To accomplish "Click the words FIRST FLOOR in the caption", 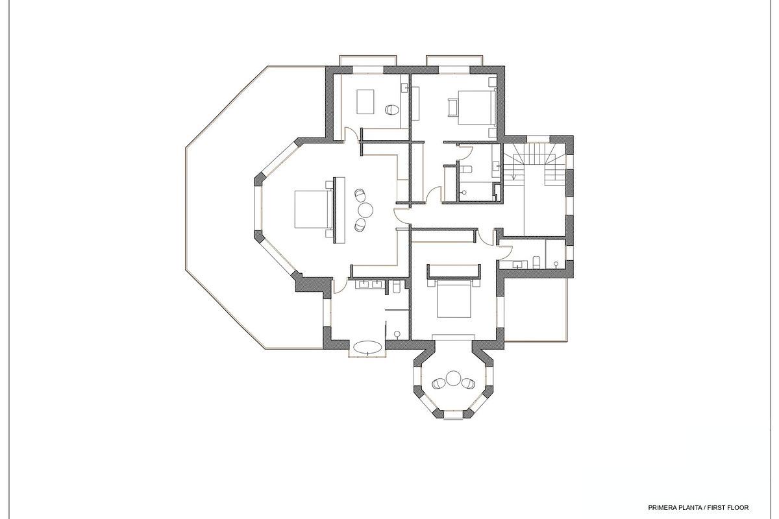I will point(728,507).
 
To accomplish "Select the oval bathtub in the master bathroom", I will point(369,346).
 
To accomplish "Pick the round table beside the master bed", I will point(365,210).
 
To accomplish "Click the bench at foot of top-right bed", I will point(452,106).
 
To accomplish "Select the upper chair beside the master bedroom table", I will point(360,195).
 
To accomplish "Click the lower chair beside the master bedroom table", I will point(360,224).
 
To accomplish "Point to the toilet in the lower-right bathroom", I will point(536,262).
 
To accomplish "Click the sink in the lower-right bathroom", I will point(517,264).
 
